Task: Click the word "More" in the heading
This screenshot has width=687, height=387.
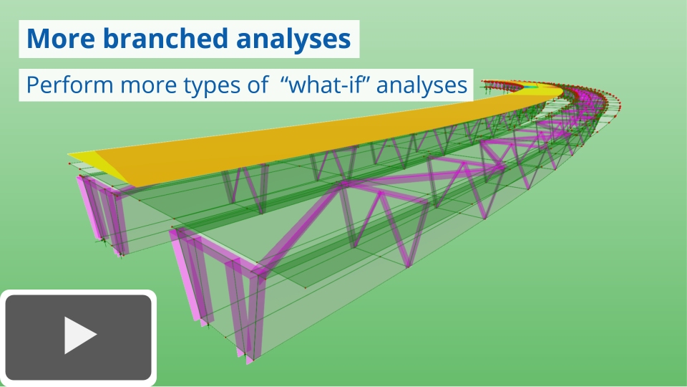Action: coord(61,39)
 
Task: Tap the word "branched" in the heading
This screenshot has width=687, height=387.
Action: coord(166,38)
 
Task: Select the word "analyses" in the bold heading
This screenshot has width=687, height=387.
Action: coord(293,39)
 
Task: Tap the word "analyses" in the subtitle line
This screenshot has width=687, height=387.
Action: coord(422,85)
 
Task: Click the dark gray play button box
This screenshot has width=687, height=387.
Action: coord(79,337)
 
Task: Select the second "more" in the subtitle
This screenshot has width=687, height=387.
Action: coord(148,86)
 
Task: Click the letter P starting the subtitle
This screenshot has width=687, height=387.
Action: coord(32,85)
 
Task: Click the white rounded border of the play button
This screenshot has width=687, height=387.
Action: coord(154,337)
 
